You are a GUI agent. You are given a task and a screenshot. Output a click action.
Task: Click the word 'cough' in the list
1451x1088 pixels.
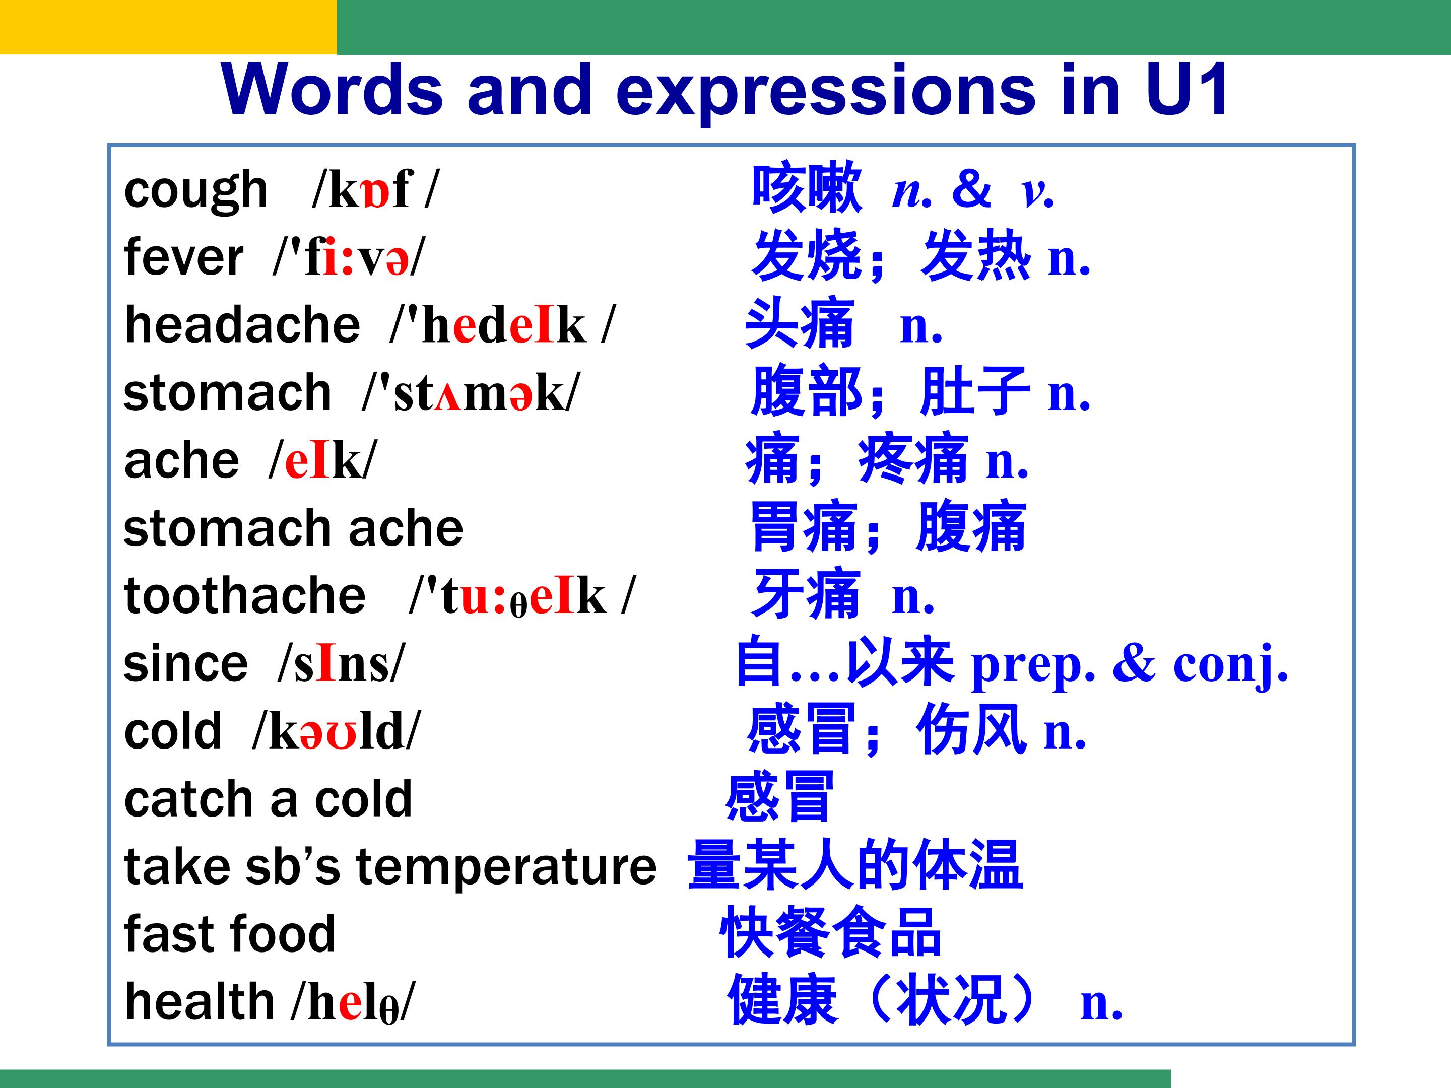pos(195,191)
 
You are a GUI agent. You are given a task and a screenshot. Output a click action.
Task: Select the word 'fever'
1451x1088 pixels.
pos(184,256)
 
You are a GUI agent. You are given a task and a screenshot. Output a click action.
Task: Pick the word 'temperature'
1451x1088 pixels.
pos(506,867)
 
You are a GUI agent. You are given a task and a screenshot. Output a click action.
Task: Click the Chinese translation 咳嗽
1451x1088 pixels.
pos(806,188)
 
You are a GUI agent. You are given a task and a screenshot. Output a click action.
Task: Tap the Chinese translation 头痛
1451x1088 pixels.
pos(800,323)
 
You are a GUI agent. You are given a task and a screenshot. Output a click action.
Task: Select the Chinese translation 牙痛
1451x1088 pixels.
pos(806,594)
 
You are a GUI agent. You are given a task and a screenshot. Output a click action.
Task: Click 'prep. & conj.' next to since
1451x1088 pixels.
pos(1130,664)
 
